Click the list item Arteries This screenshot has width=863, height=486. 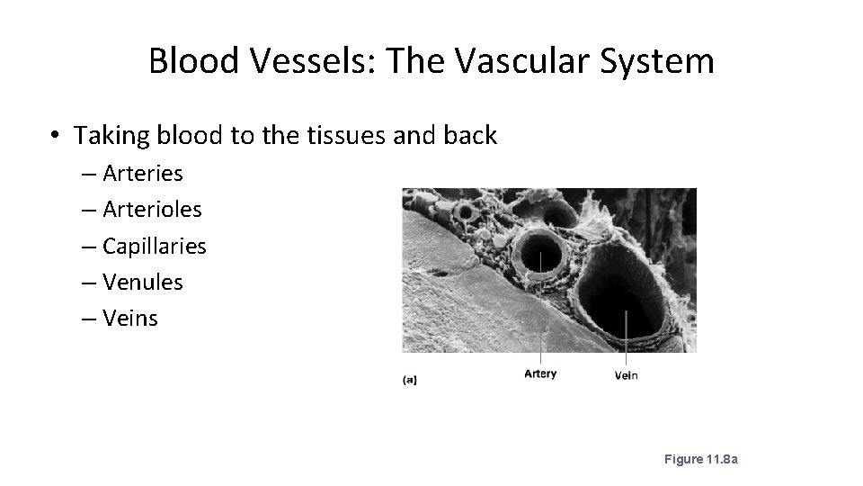point(143,172)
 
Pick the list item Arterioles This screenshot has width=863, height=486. point(152,209)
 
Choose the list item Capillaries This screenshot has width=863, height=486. point(155,246)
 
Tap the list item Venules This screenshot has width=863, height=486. point(143,282)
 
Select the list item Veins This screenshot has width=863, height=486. point(130,319)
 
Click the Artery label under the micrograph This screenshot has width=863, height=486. point(540,373)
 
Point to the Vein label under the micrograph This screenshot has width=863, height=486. point(627,374)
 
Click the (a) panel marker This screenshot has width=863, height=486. point(409,380)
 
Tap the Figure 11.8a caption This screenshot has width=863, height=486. point(700,460)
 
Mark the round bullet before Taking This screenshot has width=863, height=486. point(56,136)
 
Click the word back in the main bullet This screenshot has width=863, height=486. point(471,135)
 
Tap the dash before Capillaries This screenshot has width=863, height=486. point(91,247)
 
